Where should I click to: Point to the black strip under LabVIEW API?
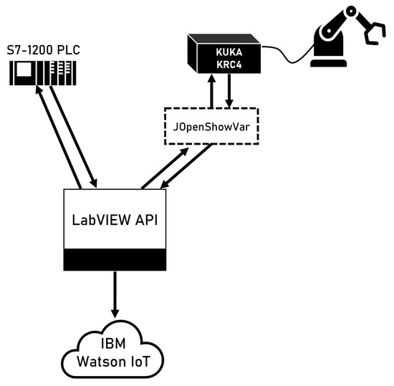[x=115, y=260]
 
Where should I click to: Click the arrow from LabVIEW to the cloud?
[x=115, y=297]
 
